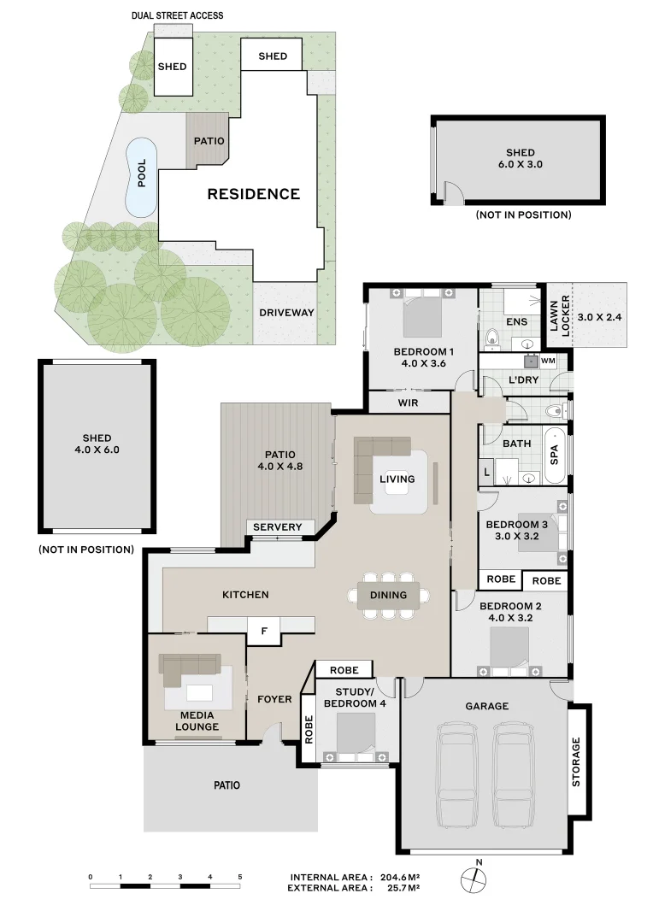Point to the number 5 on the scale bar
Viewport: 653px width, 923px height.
click(x=240, y=878)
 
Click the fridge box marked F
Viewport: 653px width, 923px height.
click(x=264, y=632)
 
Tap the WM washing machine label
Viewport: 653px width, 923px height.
click(x=546, y=362)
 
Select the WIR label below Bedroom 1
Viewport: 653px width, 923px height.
click(x=409, y=403)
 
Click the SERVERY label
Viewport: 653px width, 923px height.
click(x=278, y=527)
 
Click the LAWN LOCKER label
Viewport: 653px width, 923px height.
click(x=558, y=316)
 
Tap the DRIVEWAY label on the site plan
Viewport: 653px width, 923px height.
click(x=286, y=313)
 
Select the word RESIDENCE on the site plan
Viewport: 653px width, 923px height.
click(x=254, y=194)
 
